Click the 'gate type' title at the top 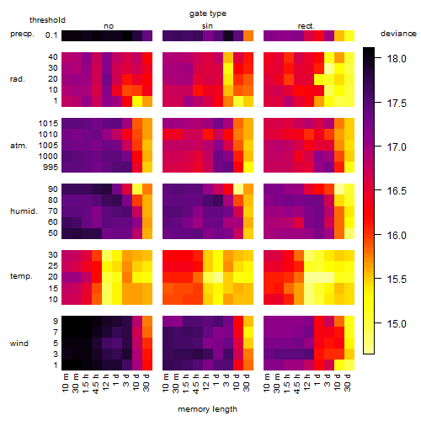(208, 13)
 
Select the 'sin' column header (207, 26)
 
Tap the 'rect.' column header (306, 26)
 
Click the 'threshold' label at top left (47, 20)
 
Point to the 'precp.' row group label (22, 34)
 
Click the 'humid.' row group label (24, 210)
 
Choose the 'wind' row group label (19, 344)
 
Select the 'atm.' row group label (19, 146)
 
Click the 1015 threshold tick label (48, 124)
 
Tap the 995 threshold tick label (51, 168)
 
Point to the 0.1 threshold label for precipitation (51, 35)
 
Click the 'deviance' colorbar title (398, 34)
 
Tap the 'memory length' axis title (207, 409)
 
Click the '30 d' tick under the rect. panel (348, 382)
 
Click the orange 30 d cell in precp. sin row (248, 35)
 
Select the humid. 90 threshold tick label (53, 189)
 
